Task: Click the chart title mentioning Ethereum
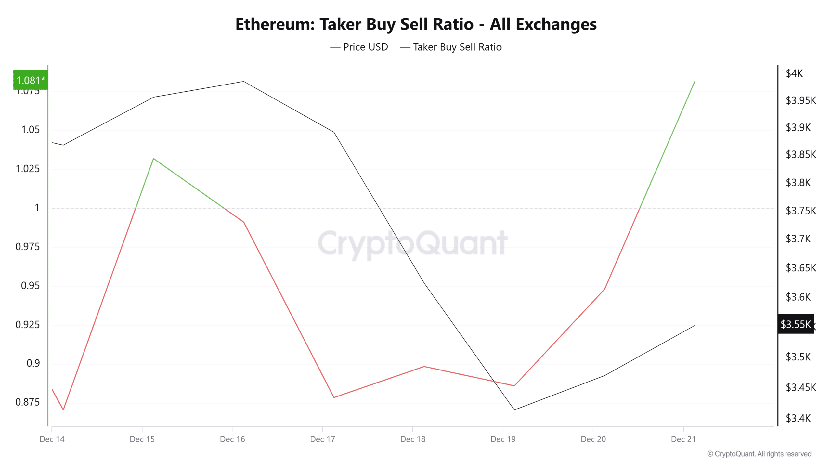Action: coord(416,24)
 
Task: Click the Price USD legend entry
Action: coord(359,47)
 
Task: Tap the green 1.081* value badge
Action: coord(31,80)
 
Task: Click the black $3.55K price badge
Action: coord(796,324)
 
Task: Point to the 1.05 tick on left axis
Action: coord(30,130)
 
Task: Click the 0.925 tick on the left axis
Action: coord(28,324)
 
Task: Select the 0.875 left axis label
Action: coord(28,402)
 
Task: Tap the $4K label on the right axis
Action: coord(794,73)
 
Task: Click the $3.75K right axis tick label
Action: coord(801,211)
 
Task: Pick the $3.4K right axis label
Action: coord(798,418)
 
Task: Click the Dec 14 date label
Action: coord(52,439)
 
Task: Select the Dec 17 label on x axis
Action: coord(322,439)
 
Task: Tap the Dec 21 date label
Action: coord(683,439)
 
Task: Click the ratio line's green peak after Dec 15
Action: coord(153,159)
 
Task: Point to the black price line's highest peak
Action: coord(243,82)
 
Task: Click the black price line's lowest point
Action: coord(514,409)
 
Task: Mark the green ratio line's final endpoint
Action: coord(695,82)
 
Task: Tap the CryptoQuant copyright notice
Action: coord(759,454)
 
